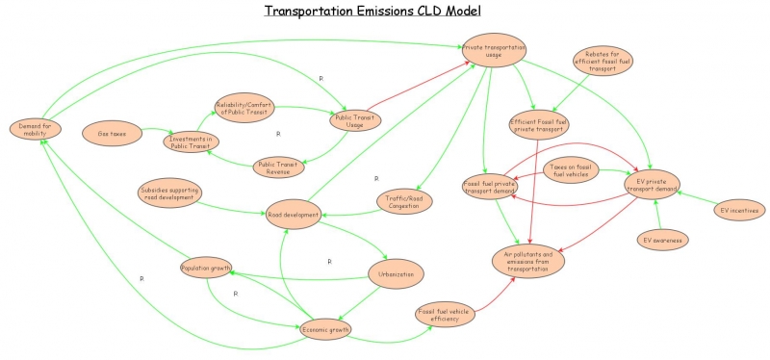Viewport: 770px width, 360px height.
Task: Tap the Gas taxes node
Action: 112,133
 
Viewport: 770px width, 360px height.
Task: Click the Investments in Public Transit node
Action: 192,141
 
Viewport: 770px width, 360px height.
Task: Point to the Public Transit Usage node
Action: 355,119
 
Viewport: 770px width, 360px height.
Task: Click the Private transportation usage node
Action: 494,50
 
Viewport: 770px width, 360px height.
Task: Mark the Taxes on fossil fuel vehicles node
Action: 572,170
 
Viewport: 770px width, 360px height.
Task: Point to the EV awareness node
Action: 664,240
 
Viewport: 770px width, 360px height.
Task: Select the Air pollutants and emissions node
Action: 528,259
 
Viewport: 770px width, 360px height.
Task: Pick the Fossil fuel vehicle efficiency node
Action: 445,314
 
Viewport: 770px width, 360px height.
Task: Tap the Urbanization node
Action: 396,274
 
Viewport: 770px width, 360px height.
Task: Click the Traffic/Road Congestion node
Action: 403,201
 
